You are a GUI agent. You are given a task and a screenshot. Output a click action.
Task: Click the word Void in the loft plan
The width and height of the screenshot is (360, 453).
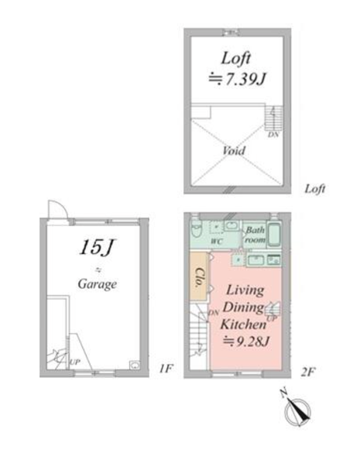(x=234, y=150)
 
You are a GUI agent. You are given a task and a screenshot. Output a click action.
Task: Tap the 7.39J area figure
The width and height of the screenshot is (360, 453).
(x=245, y=79)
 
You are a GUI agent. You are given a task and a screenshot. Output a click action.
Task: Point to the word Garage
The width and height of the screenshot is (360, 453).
(x=98, y=284)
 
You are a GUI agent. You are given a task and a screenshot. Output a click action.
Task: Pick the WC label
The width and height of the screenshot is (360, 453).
(x=217, y=241)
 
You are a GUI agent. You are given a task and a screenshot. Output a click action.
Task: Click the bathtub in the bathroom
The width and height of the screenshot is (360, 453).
(x=274, y=235)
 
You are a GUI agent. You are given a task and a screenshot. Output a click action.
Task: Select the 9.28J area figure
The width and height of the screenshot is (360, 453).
(x=253, y=341)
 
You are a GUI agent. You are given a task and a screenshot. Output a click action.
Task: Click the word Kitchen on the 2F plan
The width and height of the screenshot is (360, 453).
(x=243, y=324)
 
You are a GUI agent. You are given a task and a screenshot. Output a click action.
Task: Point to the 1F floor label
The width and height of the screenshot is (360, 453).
(x=166, y=369)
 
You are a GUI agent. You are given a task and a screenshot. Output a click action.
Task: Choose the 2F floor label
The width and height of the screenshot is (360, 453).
(x=307, y=372)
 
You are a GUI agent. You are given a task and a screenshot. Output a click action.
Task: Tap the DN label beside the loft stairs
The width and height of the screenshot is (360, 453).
(x=273, y=134)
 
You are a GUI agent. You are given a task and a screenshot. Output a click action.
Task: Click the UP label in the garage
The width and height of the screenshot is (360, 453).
(x=75, y=362)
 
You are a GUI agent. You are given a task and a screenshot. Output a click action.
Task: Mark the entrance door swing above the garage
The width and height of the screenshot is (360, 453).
(x=58, y=210)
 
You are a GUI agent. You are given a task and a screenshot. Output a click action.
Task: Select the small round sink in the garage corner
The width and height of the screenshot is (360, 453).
(x=135, y=365)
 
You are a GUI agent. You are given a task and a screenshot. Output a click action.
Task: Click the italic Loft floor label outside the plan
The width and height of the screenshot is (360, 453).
(x=315, y=189)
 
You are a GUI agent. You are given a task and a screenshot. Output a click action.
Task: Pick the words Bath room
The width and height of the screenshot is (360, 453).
(x=255, y=235)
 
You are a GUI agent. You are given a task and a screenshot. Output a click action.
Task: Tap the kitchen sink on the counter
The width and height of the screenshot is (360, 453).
(x=255, y=260)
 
